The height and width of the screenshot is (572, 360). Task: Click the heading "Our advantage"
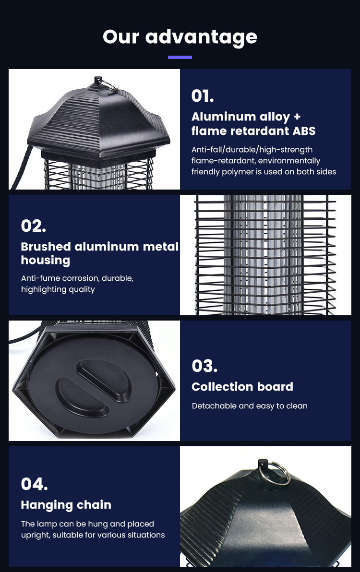180,37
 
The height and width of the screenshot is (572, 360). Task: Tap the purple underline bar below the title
180,57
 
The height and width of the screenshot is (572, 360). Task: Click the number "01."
203,96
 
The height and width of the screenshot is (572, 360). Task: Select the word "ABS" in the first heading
304,131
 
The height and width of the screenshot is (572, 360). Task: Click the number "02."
33,226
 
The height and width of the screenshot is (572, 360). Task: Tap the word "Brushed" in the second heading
46,247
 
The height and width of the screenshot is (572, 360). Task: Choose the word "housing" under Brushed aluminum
45,261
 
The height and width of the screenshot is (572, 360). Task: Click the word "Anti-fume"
40,278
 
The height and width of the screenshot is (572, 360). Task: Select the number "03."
204,366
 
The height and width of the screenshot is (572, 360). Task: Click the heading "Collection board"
242,387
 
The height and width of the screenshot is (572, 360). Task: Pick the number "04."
34,484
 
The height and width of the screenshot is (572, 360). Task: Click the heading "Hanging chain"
66,505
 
